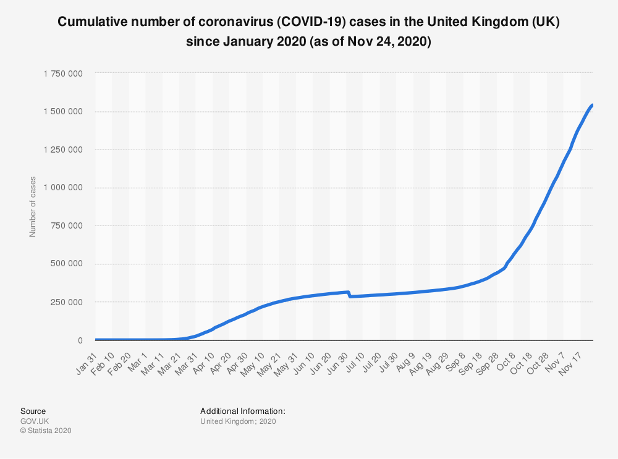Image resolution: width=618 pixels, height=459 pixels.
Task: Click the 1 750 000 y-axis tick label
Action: (x=63, y=74)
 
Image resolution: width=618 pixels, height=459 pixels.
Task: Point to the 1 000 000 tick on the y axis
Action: (x=63, y=188)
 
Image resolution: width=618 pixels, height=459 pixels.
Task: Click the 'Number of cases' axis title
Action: (x=33, y=206)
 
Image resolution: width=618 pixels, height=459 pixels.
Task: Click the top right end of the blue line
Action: (x=592, y=105)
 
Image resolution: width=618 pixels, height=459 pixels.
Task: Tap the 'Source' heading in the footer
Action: (x=33, y=411)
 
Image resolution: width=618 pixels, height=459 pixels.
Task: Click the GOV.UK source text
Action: (x=35, y=421)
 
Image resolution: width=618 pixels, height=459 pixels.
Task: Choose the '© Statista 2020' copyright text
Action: (x=46, y=431)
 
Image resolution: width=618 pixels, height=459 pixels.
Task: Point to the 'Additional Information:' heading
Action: (x=242, y=411)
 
